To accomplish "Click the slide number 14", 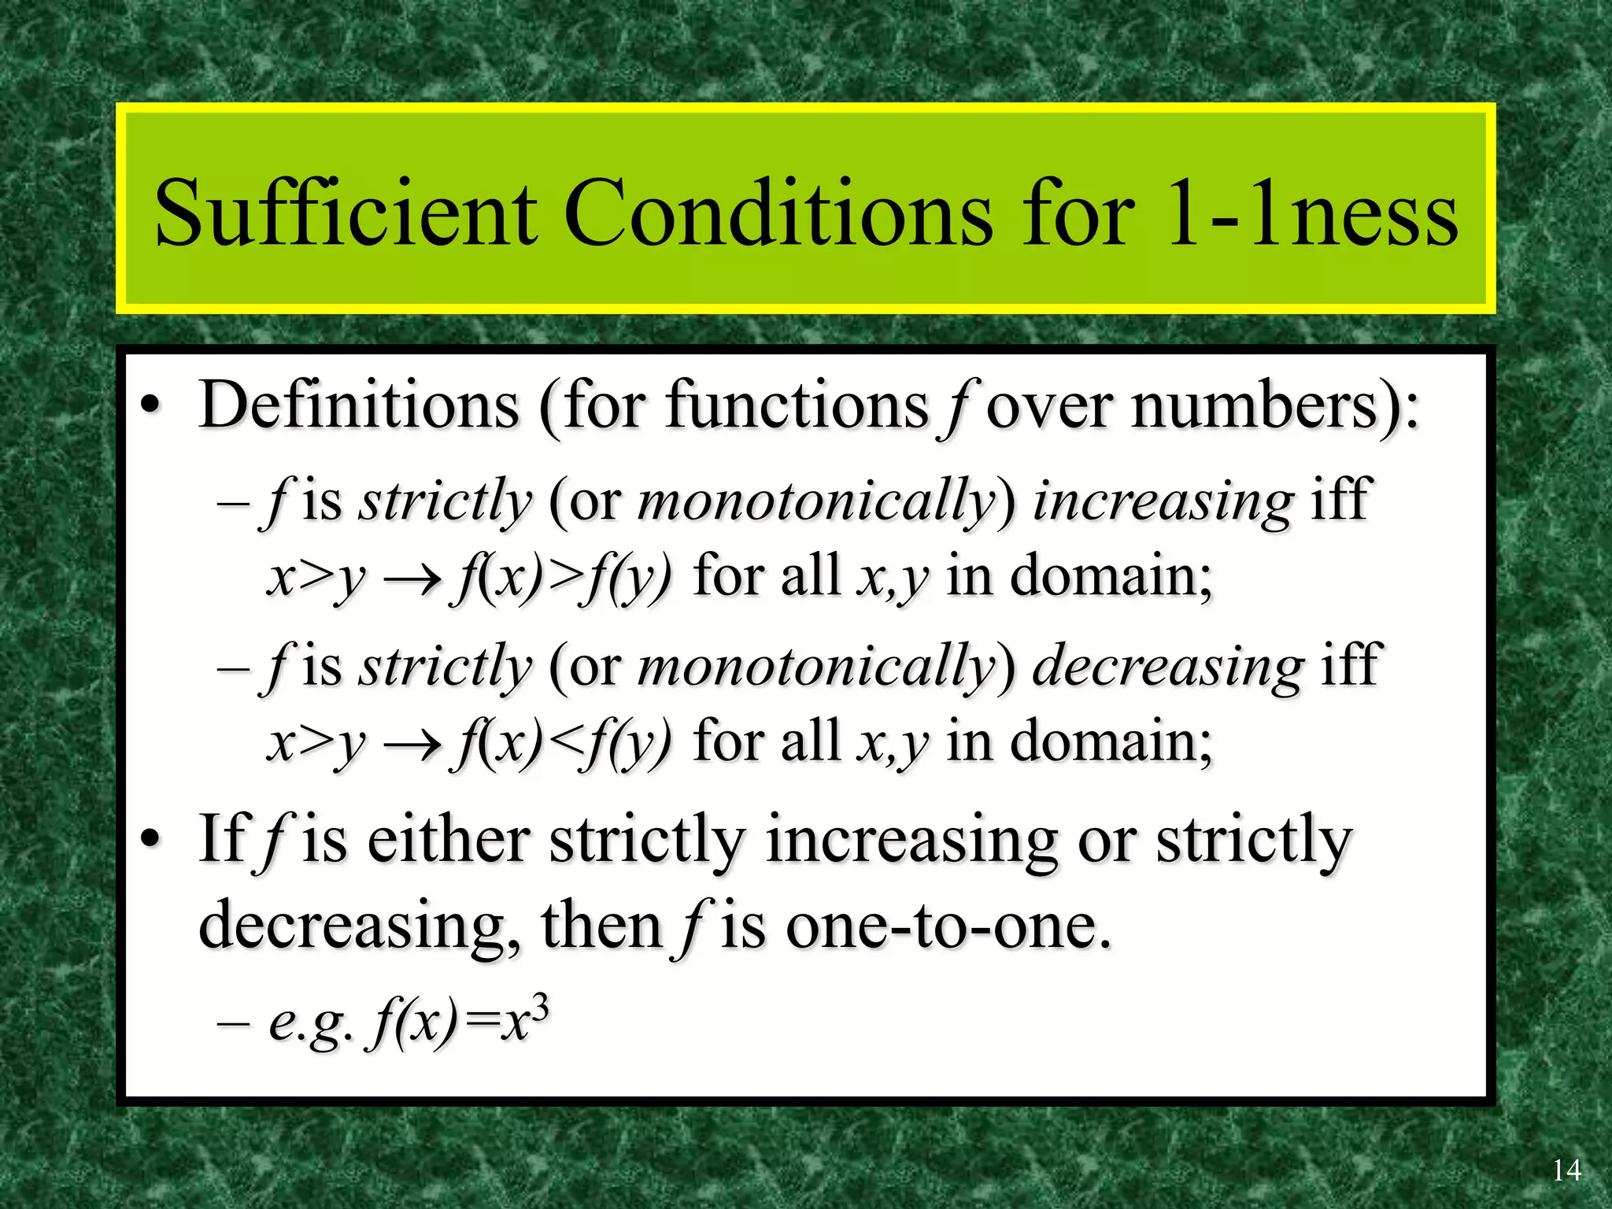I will point(1566,1170).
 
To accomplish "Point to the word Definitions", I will point(359,405).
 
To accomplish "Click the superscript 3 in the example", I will point(539,1008).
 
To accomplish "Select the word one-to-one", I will point(948,926).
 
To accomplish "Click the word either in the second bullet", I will point(448,840).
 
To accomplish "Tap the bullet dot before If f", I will point(150,841).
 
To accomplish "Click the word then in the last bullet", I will point(601,926).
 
